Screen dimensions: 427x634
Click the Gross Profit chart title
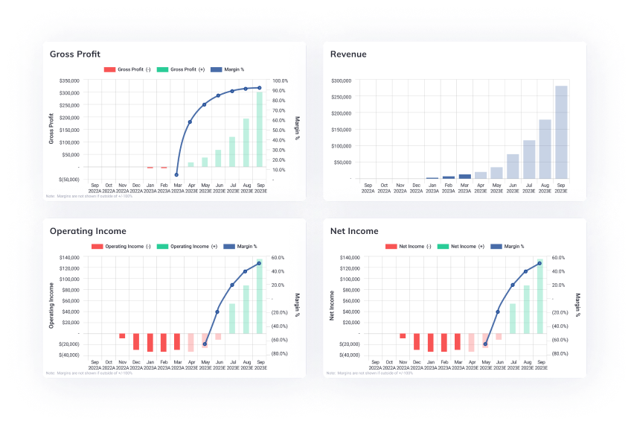coord(75,54)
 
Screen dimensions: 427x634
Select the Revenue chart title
coord(348,54)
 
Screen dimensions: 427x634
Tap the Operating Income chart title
coord(88,231)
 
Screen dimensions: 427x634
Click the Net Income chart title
coord(354,231)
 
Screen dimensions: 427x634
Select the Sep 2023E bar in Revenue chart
coord(561,133)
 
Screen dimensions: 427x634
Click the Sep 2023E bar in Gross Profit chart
coord(260,130)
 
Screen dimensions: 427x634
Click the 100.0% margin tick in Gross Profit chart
coord(281,80)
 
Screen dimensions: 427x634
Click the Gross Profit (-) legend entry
coord(129,69)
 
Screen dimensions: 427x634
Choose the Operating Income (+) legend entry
coord(192,246)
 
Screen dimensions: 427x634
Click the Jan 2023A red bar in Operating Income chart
coord(150,341)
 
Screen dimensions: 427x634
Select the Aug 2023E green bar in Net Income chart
coord(526,309)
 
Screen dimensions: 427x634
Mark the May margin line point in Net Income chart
coord(485,344)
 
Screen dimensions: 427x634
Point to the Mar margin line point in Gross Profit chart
coord(177,175)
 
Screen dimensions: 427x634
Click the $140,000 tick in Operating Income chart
coord(68,257)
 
